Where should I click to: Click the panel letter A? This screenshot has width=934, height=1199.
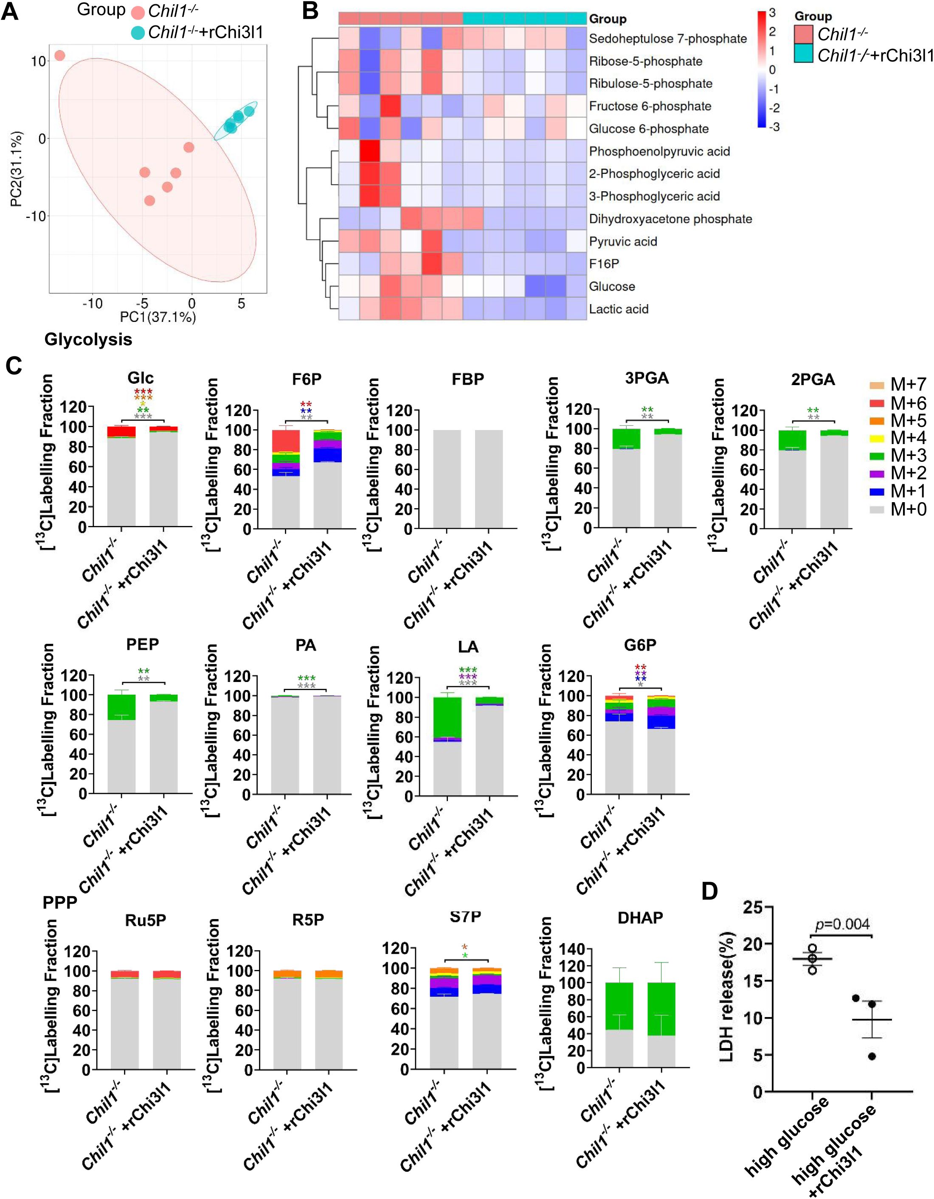[9, 11]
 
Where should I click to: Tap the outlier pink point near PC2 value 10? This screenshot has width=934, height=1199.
[59, 56]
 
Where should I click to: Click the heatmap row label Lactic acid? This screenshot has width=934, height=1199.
[619, 309]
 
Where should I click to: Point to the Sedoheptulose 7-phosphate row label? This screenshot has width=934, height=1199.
[667, 39]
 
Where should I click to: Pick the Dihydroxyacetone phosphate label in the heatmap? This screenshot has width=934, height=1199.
[670, 219]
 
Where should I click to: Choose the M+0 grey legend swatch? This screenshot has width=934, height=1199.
[877, 509]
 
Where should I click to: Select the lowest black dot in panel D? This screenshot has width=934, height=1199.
[872, 1056]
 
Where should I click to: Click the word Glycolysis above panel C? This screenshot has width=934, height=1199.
[88, 339]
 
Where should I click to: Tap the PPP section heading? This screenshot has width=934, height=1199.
[60, 903]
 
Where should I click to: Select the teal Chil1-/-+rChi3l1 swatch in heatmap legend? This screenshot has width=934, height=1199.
[803, 55]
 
